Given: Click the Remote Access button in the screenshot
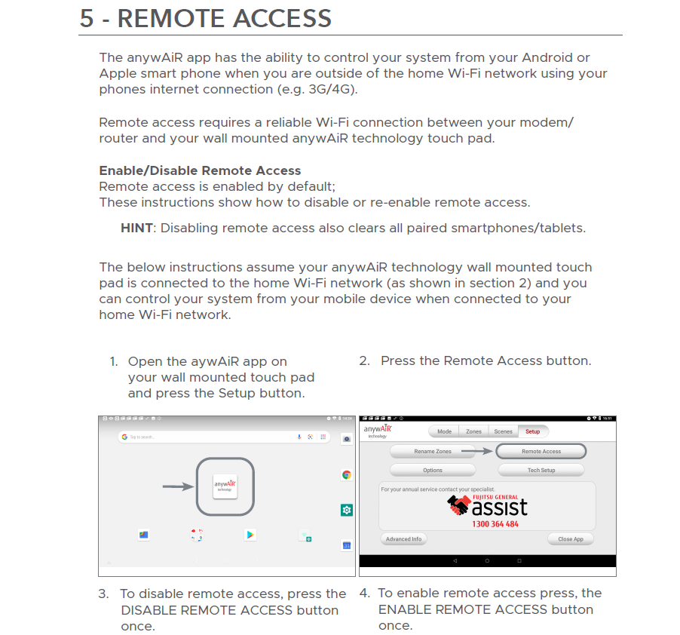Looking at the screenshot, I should (x=541, y=451).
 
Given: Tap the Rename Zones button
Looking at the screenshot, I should (x=433, y=451).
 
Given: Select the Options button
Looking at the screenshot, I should (x=433, y=470).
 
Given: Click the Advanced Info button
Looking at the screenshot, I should (x=404, y=539).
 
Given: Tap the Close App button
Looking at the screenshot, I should (x=571, y=539).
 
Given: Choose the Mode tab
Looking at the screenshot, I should (x=444, y=431).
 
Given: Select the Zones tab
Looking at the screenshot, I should (x=473, y=431).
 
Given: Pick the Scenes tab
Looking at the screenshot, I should (x=503, y=431).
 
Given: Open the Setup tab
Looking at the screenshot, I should (x=533, y=431).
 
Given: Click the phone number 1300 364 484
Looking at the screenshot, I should (x=495, y=523).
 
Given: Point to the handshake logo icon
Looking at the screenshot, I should (x=458, y=505).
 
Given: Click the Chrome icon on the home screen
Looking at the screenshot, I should (x=347, y=474).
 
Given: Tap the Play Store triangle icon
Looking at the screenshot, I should (x=250, y=535).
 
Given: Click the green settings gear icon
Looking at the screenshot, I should (x=347, y=510).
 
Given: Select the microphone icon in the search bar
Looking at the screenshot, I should (x=299, y=437).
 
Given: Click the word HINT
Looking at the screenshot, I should (x=136, y=228).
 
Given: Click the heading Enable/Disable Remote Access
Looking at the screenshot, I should (x=200, y=170).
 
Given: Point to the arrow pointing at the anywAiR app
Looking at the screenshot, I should (x=178, y=487).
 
